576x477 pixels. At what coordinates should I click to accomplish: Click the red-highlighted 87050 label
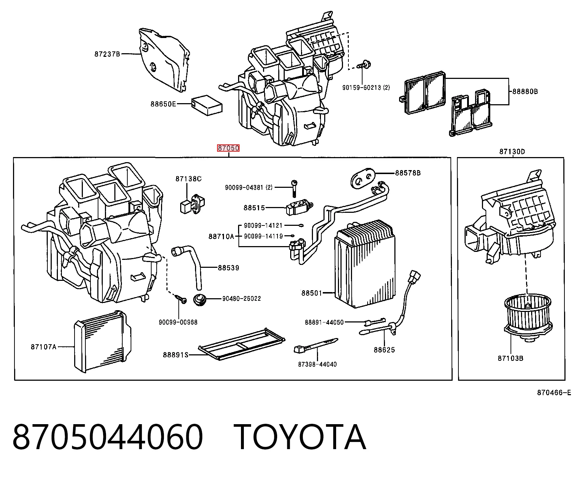228,148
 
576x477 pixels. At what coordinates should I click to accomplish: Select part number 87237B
107,54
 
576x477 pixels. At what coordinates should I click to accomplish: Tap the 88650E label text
163,104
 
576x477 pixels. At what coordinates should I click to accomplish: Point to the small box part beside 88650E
207,105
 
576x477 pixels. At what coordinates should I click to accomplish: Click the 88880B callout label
525,91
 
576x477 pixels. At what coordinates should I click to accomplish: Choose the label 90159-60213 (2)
366,88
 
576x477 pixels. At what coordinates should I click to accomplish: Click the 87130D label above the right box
512,152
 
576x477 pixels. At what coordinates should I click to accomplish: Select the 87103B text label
511,358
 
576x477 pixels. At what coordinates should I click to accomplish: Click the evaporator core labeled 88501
365,264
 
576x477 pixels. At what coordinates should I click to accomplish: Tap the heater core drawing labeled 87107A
102,341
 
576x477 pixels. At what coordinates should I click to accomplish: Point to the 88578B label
408,173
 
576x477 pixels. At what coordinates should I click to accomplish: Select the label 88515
254,208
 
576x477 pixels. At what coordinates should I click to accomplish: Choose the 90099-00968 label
178,322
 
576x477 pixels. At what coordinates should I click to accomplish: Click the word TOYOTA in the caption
300,437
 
